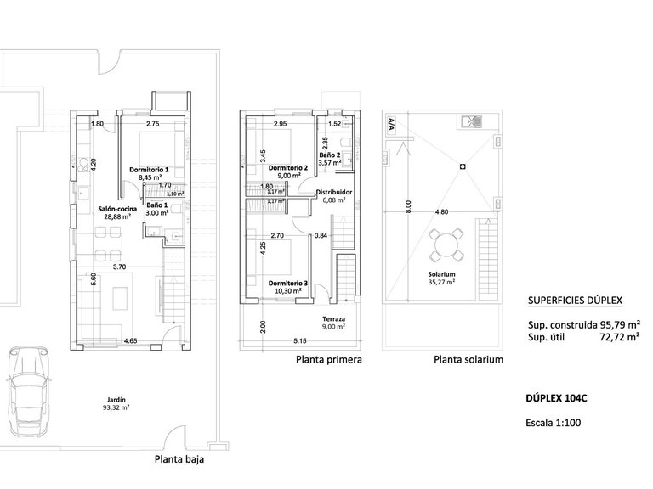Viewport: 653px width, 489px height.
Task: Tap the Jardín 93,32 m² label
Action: click(117, 402)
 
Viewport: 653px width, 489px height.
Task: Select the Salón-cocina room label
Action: click(113, 211)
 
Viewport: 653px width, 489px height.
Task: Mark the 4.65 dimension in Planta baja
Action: click(130, 340)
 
